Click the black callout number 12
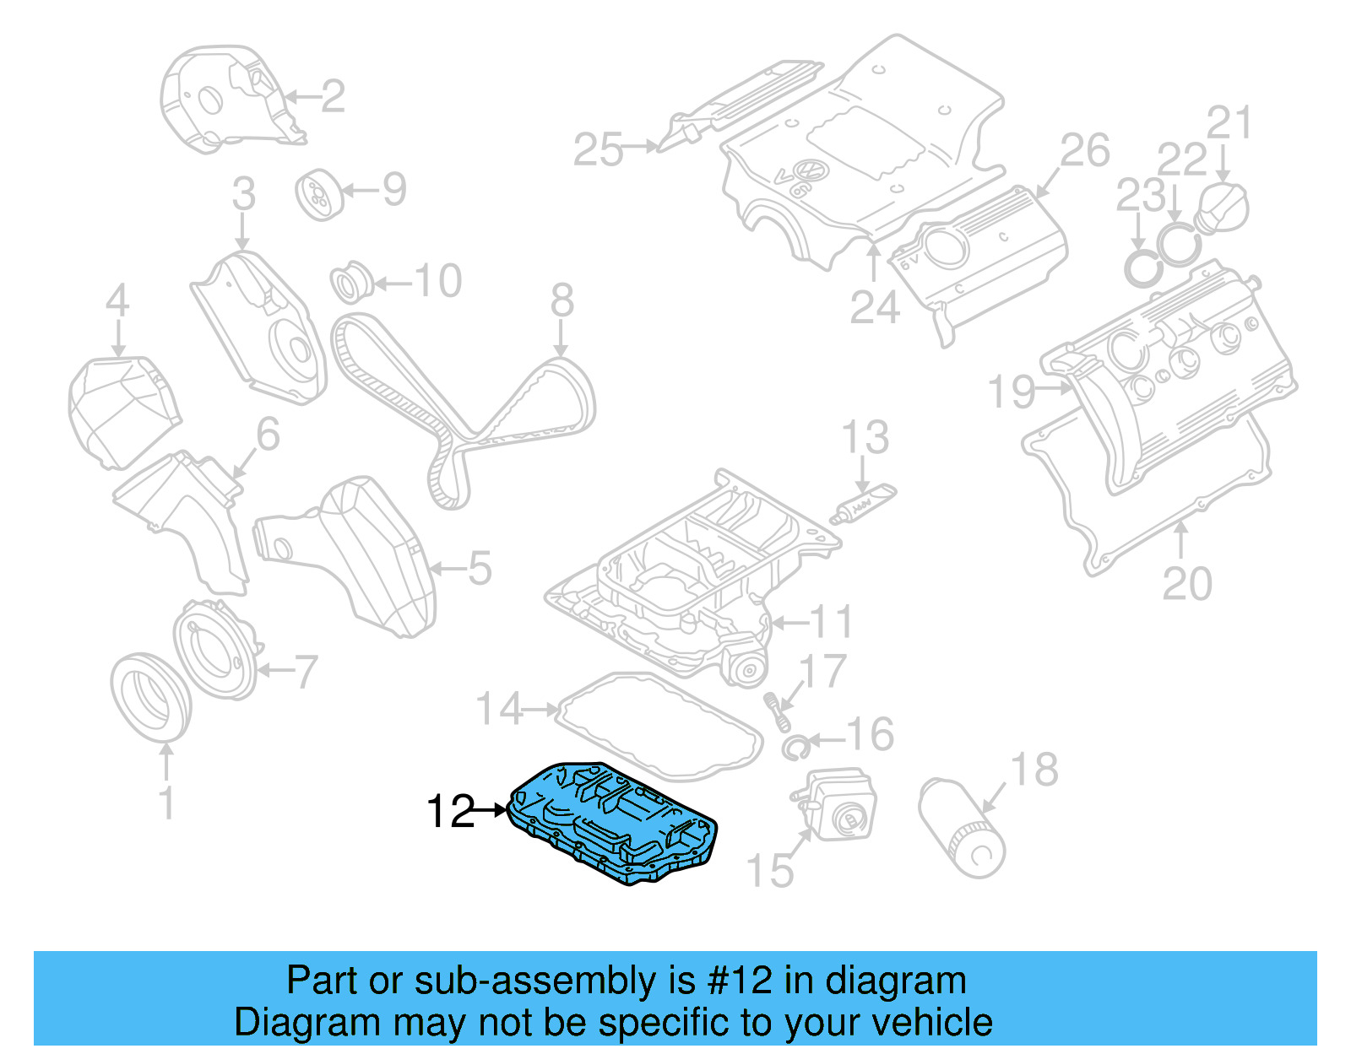pos(451,812)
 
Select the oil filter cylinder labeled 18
pos(962,830)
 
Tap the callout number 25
pos(598,150)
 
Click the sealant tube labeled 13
pos(863,504)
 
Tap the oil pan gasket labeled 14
pos(659,725)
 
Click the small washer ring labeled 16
pos(795,746)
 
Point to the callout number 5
pos(480,569)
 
